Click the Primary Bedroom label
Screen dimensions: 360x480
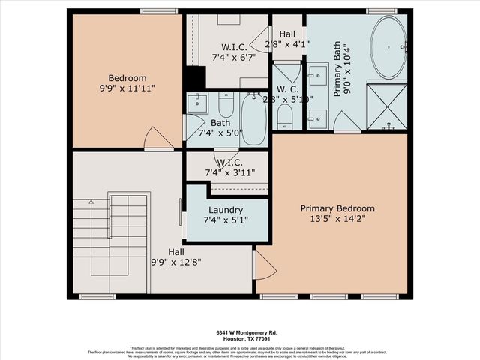337,208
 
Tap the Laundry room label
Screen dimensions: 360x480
226,210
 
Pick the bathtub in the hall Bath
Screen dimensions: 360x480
253,120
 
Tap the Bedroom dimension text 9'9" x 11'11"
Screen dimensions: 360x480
127,89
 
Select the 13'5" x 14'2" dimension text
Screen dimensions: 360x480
337,220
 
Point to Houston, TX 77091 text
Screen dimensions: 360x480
240,337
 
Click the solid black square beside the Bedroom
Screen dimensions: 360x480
195,77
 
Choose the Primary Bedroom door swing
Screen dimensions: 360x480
266,264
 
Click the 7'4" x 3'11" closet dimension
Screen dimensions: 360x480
229,172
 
